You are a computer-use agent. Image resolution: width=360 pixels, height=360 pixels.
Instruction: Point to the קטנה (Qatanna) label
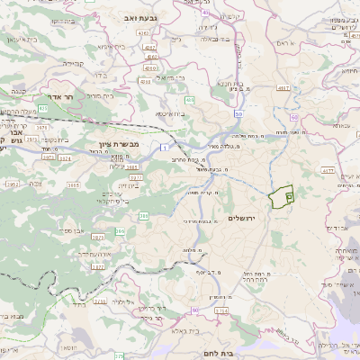tap(18, 91)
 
